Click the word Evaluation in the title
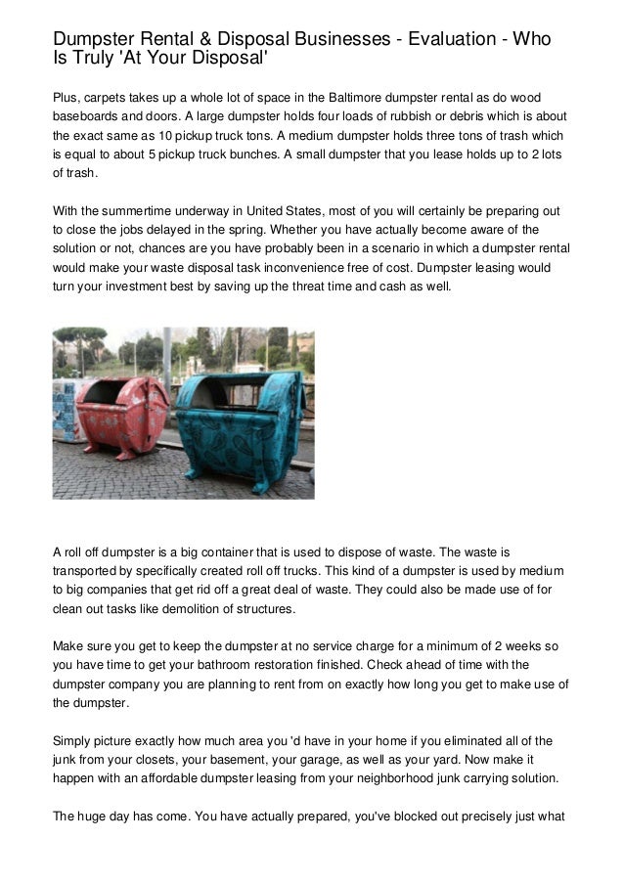tap(437, 39)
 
